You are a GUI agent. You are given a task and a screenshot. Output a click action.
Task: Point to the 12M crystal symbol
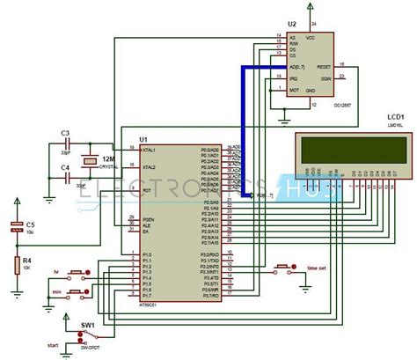[88, 161]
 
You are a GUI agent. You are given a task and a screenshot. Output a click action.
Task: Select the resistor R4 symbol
[16, 264]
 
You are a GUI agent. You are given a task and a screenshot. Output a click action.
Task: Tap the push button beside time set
[285, 267]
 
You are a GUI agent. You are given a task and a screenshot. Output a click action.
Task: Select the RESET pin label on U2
[323, 66]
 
